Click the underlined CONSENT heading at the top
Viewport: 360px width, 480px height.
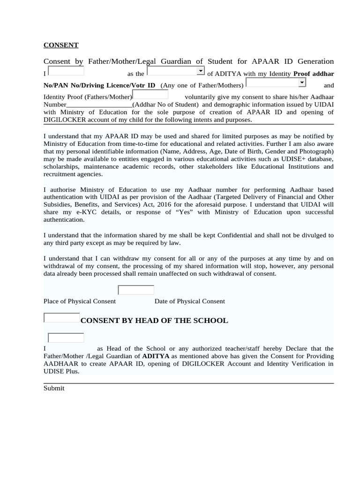(61, 45)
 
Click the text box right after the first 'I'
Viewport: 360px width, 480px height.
(66, 71)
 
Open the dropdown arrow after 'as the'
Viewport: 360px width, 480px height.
(201, 71)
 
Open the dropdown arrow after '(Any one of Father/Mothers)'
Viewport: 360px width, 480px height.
(302, 82)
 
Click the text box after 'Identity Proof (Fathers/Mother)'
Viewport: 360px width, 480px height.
(150, 95)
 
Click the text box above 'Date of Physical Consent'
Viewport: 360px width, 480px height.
(136, 290)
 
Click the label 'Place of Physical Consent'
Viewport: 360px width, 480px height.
(80, 301)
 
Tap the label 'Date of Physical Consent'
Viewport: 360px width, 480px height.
(190, 301)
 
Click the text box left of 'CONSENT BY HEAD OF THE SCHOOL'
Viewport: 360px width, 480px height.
(61, 318)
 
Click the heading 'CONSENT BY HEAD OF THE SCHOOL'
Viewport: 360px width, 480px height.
(154, 321)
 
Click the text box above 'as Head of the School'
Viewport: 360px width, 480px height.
(66, 338)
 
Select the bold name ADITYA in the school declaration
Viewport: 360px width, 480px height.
(156, 356)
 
